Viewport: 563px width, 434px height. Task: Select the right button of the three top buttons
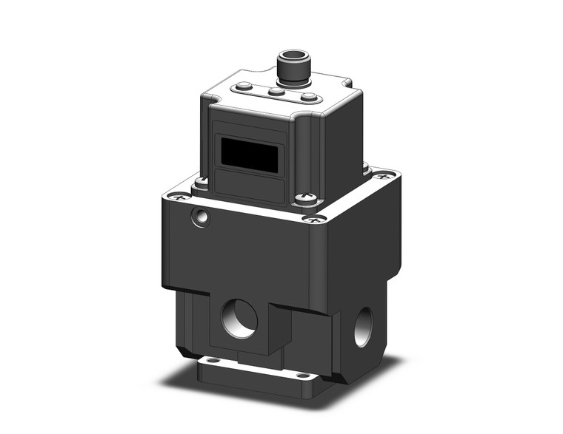pyautogui.click(x=310, y=98)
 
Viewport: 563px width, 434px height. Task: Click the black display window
pyautogui.click(x=249, y=157)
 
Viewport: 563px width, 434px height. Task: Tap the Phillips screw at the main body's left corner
pyautogui.click(x=178, y=197)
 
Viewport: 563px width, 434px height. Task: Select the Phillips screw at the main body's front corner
pyautogui.click(x=315, y=219)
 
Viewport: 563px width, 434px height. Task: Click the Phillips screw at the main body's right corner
pyautogui.click(x=383, y=177)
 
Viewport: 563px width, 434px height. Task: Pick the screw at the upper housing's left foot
pyautogui.click(x=201, y=180)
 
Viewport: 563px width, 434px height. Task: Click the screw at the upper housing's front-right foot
pyautogui.click(x=304, y=198)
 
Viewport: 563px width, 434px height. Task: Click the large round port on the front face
pyautogui.click(x=239, y=320)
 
